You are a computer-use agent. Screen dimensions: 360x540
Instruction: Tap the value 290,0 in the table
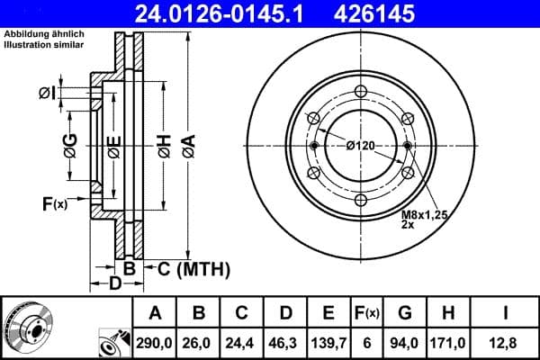pyautogui.click(x=155, y=342)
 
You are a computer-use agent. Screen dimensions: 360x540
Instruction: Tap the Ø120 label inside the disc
pyautogui.click(x=360, y=146)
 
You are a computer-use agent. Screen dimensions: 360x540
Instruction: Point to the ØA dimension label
pyautogui.click(x=187, y=144)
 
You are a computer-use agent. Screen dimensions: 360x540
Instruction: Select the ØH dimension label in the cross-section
pyautogui.click(x=164, y=144)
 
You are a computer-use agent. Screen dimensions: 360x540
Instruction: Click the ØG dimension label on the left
pyautogui.click(x=70, y=143)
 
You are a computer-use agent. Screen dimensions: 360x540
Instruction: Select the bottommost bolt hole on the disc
pyautogui.click(x=360, y=200)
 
